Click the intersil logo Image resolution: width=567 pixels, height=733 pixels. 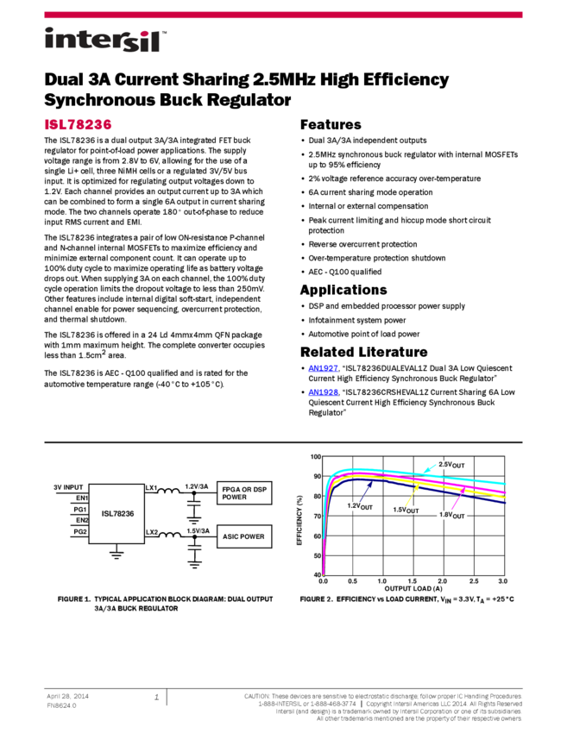[105, 41]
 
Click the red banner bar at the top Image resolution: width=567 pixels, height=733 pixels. [283, 15]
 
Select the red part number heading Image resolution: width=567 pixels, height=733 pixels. [78, 125]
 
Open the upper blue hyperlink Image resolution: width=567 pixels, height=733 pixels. [323, 369]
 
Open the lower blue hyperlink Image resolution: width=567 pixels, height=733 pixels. [323, 393]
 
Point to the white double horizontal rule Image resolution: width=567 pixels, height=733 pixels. [283, 443]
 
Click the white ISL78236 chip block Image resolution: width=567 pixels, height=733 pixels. [117, 514]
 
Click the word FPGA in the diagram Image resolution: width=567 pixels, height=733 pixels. [231, 490]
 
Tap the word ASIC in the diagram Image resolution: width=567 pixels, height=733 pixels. [230, 536]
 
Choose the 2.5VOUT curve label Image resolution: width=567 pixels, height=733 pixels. [451, 465]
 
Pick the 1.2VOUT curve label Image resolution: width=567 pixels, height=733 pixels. [360, 507]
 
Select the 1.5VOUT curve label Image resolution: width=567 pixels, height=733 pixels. [406, 510]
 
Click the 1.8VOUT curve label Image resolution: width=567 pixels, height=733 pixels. [451, 515]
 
